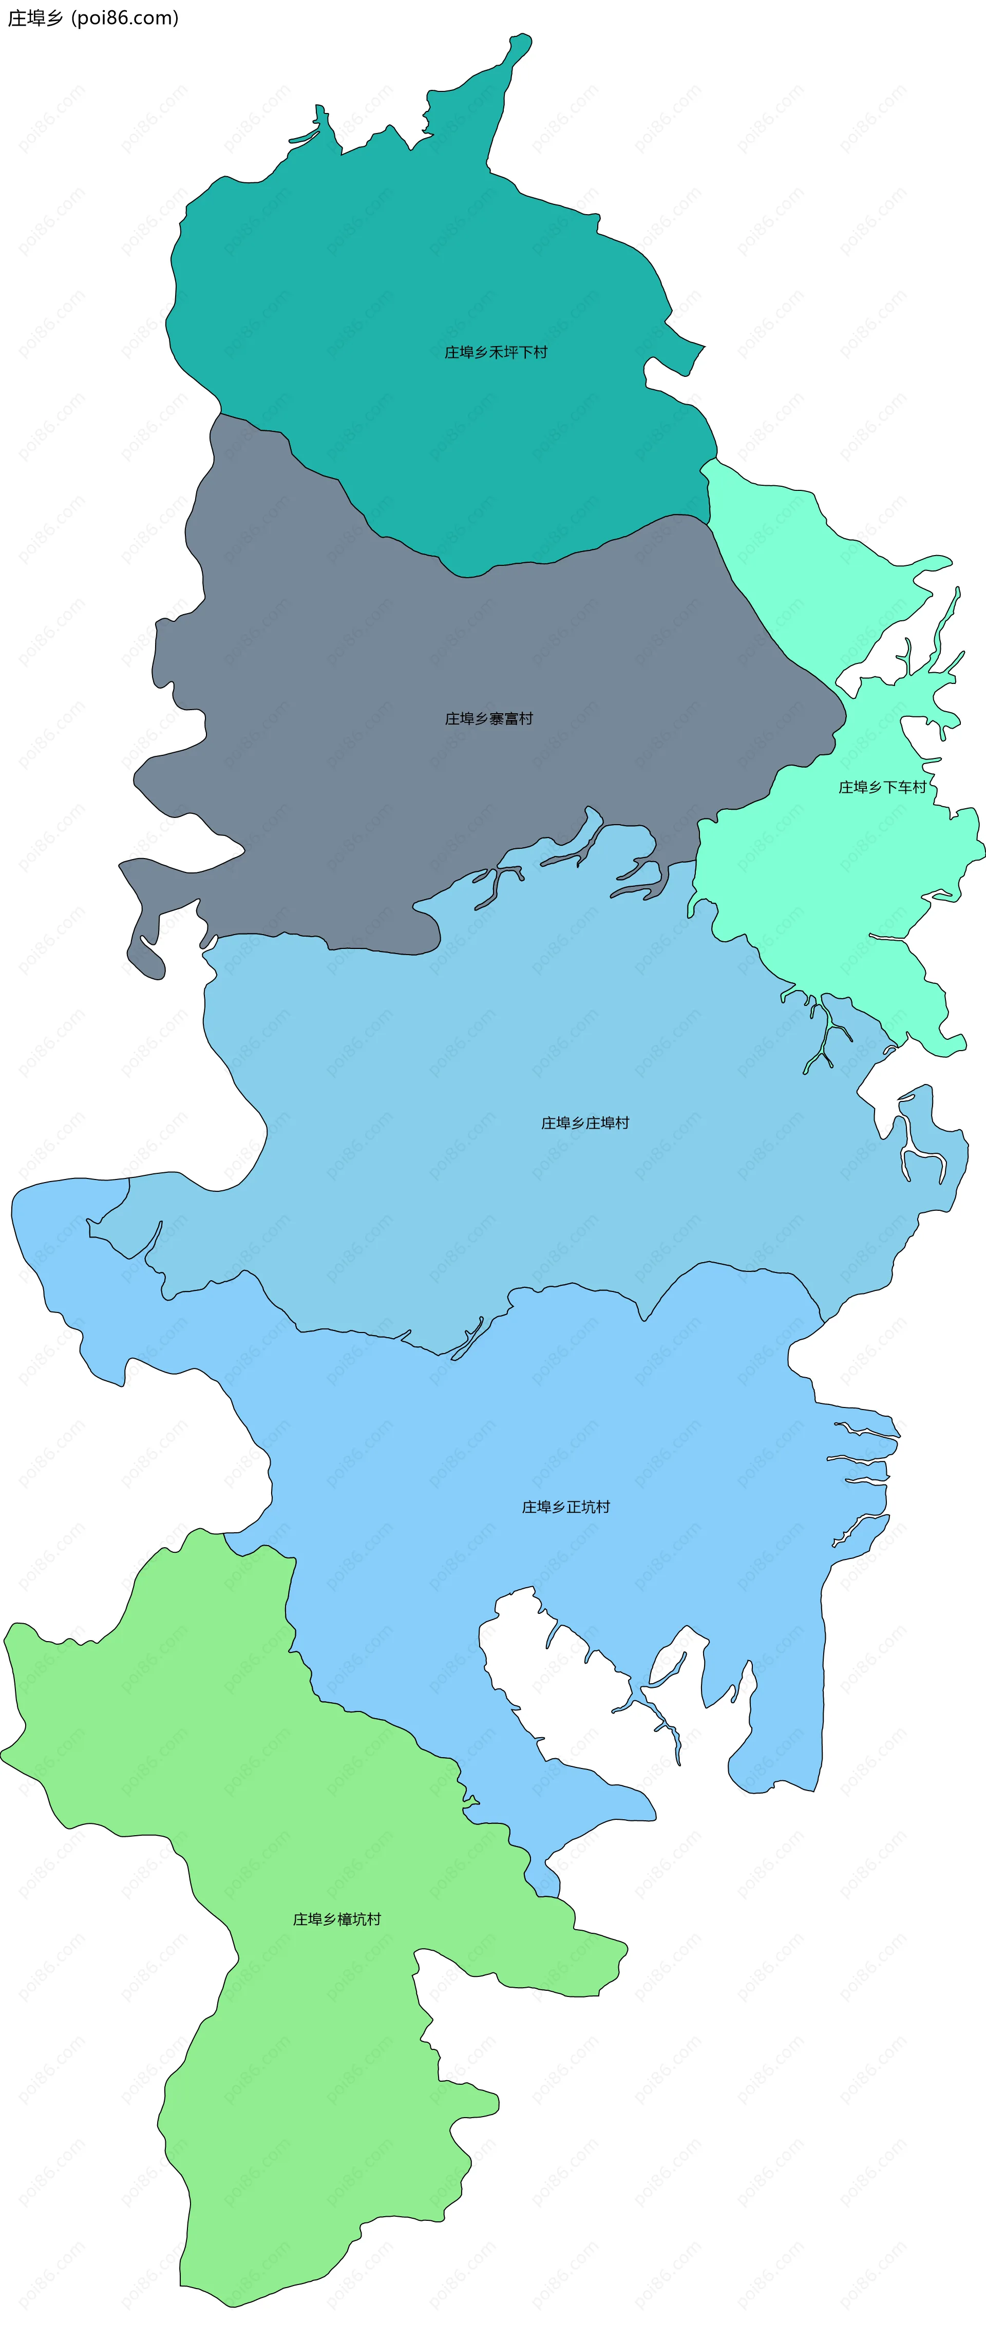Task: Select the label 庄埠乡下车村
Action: click(x=881, y=787)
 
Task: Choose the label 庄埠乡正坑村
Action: click(x=565, y=1507)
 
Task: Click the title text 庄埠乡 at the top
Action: click(x=34, y=18)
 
